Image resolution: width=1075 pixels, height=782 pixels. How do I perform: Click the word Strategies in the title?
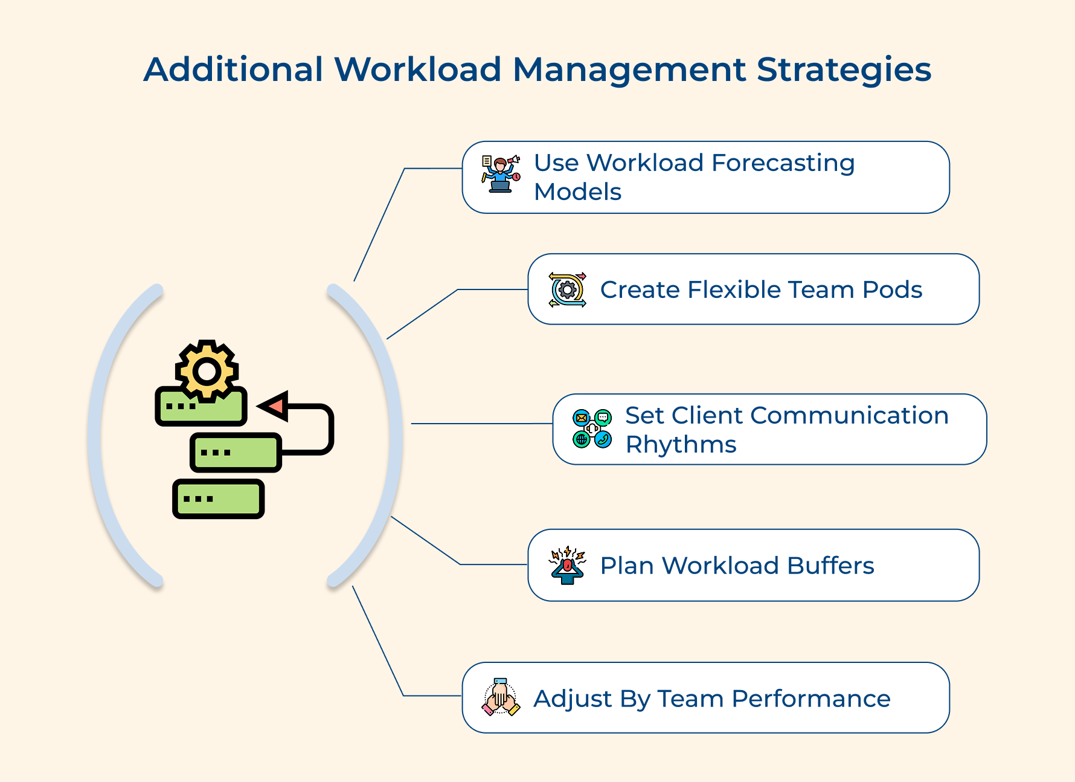tap(844, 70)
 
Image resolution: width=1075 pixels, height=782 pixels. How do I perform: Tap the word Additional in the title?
tap(234, 69)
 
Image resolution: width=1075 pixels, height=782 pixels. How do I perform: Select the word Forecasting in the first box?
tap(783, 163)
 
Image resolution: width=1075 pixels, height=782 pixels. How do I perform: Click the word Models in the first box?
tap(577, 192)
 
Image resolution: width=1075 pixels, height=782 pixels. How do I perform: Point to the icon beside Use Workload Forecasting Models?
tap(501, 174)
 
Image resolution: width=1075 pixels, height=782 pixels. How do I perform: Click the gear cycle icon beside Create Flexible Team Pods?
tap(567, 290)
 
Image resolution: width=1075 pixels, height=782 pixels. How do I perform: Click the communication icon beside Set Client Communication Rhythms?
tap(592, 428)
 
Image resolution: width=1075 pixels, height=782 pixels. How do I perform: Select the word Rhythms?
tap(681, 445)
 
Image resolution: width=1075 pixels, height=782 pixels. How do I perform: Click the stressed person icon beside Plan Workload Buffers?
tap(567, 565)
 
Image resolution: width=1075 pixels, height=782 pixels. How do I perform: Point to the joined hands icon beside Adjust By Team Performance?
tap(501, 697)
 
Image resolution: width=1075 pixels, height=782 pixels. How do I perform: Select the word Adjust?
tap(572, 699)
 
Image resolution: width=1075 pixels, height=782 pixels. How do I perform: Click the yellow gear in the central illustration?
tap(207, 370)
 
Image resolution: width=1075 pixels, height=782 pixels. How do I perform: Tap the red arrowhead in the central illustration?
tap(275, 406)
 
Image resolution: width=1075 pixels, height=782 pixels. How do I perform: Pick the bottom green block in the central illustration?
tap(219, 499)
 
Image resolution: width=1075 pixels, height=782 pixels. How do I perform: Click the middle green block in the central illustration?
tap(236, 452)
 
